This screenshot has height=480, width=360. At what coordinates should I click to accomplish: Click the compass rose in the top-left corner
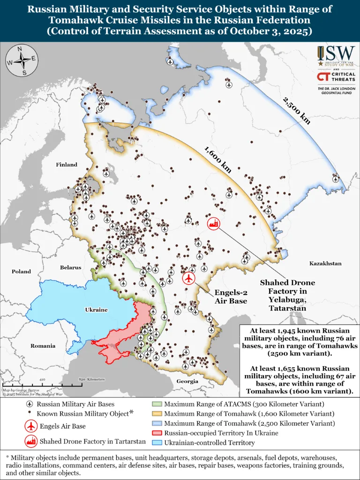[x=21, y=60]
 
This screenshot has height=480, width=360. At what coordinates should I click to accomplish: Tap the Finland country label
[x=67, y=165]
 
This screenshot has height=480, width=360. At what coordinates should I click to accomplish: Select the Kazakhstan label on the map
[x=325, y=263]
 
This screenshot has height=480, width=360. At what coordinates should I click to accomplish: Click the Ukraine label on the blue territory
[x=96, y=310]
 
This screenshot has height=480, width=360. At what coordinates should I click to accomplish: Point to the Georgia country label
[x=187, y=381]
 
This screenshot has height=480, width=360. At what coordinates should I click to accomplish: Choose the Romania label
[x=43, y=346]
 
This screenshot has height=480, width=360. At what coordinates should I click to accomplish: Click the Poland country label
[x=21, y=271]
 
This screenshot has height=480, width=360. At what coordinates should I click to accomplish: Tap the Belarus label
[x=70, y=267]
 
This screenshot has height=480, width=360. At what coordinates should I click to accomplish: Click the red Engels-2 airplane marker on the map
[x=189, y=278]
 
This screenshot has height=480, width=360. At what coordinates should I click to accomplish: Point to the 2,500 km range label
[x=296, y=110]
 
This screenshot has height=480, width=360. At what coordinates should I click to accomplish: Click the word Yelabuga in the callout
[x=287, y=300]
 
